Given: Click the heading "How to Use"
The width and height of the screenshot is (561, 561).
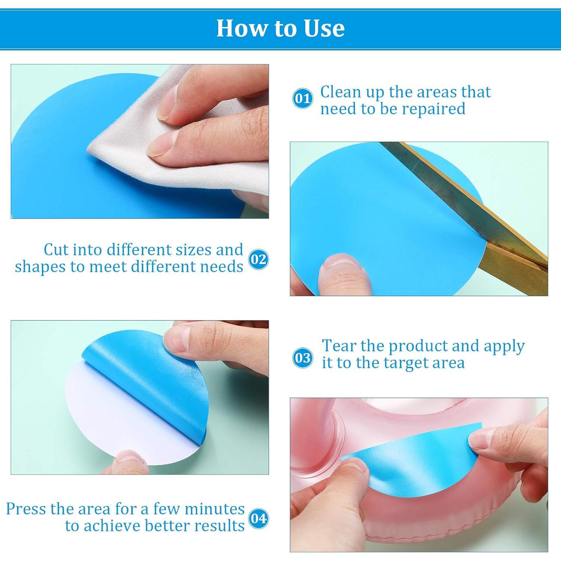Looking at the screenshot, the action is click(280, 28).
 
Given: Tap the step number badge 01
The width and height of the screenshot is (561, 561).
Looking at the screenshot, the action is click(302, 99).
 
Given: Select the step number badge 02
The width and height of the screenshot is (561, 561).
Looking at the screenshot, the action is click(258, 259).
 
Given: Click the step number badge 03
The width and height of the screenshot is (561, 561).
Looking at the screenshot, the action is click(302, 358).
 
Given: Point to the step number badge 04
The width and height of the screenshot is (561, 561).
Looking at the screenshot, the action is click(258, 518).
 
